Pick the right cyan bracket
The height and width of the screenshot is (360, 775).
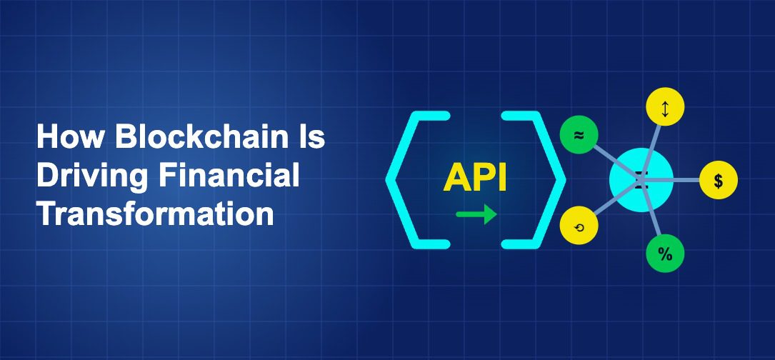537,179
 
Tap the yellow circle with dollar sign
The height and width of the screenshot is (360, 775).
718,180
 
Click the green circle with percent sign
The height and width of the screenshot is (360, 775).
665,254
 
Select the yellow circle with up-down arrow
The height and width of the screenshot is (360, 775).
665,109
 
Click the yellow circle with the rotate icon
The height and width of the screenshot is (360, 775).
579,226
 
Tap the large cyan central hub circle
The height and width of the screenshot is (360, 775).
641,179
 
